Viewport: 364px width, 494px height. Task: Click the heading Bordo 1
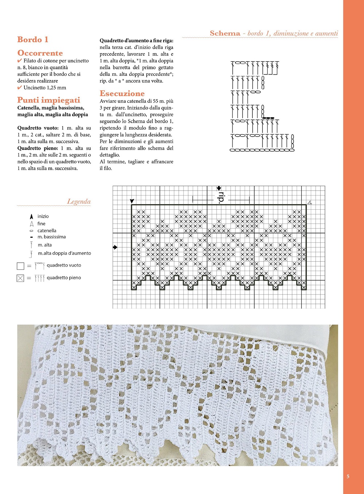pos(33,40)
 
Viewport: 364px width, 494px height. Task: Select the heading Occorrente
pos(40,53)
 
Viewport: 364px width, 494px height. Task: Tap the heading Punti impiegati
pos(48,100)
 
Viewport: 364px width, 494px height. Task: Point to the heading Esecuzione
pos(122,94)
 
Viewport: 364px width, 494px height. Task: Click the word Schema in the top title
pos(225,33)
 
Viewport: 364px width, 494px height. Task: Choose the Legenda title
pos(79,202)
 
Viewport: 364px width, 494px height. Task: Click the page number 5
pos(348,477)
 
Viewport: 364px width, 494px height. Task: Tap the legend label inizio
pos(43,216)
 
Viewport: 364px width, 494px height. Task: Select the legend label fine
pos(41,224)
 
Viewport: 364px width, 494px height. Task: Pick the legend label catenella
pos(47,230)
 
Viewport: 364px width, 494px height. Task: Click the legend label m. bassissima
pos(52,237)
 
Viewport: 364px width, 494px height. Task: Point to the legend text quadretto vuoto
pos(64,265)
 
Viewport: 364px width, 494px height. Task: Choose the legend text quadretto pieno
pos(64,278)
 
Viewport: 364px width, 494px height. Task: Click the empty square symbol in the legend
pos(20,266)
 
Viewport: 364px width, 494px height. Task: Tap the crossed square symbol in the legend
pos(20,278)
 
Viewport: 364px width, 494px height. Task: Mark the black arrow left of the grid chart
pos(115,248)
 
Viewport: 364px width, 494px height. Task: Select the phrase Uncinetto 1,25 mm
pos(45,88)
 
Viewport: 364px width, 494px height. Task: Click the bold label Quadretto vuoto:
pos(38,128)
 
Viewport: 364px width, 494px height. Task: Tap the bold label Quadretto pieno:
pos(38,148)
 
